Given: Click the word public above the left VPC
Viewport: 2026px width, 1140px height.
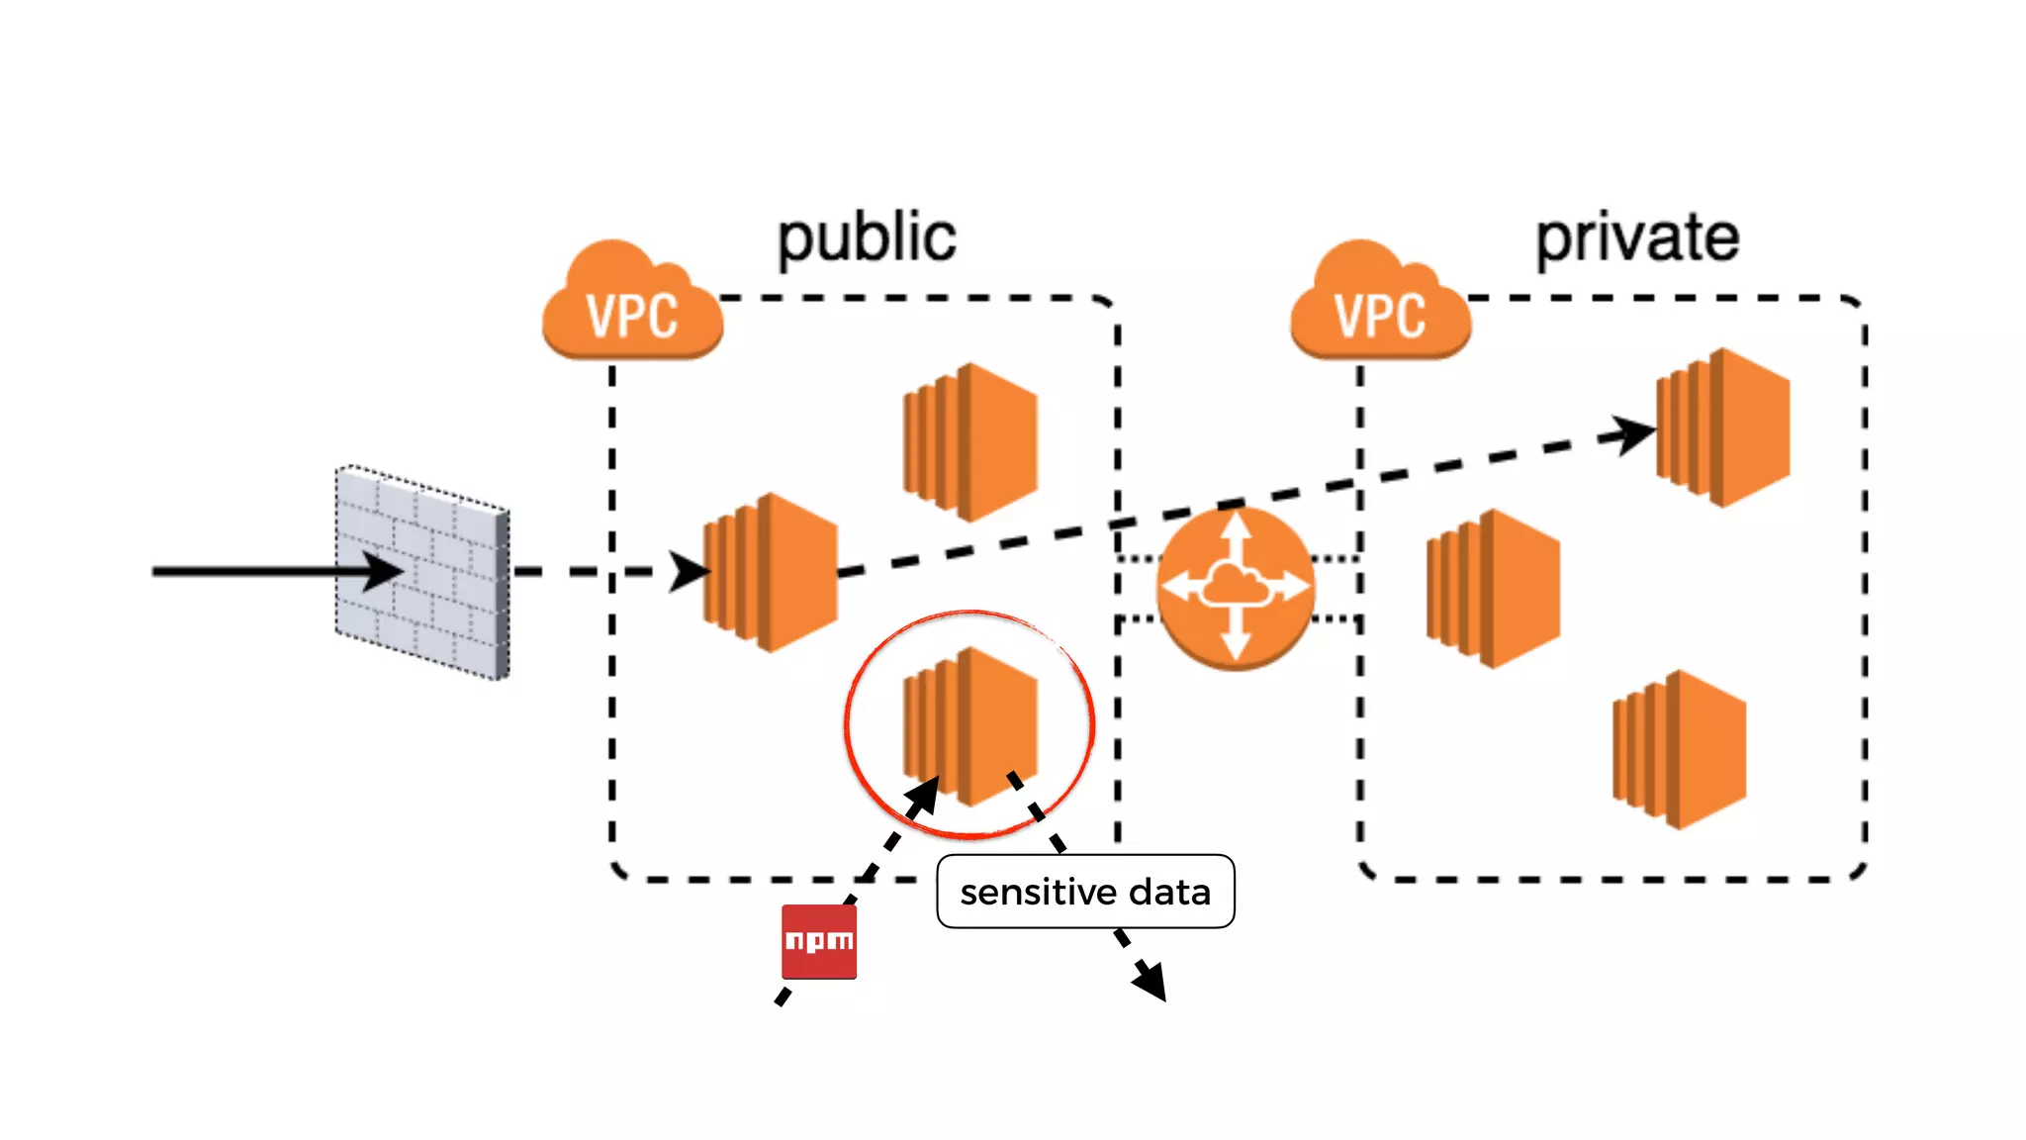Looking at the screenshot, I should pos(867,239).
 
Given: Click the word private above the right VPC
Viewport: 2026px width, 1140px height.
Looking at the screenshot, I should pos(1637,239).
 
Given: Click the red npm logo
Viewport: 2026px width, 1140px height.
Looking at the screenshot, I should pos(819,941).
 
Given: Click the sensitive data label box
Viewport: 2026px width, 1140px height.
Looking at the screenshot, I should pos(1085,892).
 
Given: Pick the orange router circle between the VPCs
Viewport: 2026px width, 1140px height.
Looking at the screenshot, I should pos(1235,588).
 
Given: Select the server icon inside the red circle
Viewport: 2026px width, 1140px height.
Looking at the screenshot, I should pos(970,725).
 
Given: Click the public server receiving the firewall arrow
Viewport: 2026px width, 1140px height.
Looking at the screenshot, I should pos(771,572).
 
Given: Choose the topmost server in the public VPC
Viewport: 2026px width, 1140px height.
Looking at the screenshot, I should pos(970,441).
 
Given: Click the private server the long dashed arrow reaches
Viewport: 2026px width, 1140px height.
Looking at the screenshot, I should pos(1723,427).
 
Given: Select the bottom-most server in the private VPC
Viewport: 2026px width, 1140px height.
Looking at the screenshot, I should pos(1680,749).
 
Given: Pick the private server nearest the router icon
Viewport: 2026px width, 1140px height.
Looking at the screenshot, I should pos(1494,589).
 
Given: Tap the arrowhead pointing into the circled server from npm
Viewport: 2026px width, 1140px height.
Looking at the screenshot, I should pos(924,795).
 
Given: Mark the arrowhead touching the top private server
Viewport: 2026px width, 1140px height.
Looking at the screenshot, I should pos(1632,433).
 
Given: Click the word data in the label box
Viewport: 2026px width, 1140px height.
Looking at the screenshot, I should pos(1170,893).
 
